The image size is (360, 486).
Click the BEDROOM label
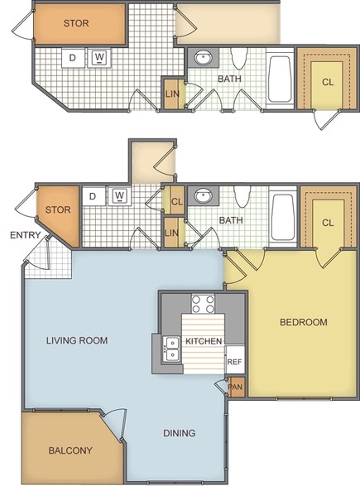[303, 322]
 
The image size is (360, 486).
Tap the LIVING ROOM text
[77, 340]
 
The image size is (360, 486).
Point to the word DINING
[180, 433]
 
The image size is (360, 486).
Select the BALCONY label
[70, 450]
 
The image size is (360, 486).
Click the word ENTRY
[26, 235]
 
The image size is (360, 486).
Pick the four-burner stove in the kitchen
[204, 304]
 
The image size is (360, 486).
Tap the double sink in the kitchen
[171, 349]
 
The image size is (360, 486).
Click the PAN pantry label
[236, 387]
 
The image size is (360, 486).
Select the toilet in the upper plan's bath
[239, 58]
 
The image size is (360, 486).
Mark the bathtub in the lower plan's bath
[282, 217]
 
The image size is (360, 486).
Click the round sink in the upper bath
[203, 57]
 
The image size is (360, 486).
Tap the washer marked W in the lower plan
[119, 195]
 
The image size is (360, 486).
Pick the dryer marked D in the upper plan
[73, 58]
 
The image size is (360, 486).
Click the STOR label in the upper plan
[76, 23]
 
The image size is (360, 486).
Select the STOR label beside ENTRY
[58, 209]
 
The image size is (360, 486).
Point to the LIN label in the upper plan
[172, 94]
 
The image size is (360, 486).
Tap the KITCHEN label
[204, 341]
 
